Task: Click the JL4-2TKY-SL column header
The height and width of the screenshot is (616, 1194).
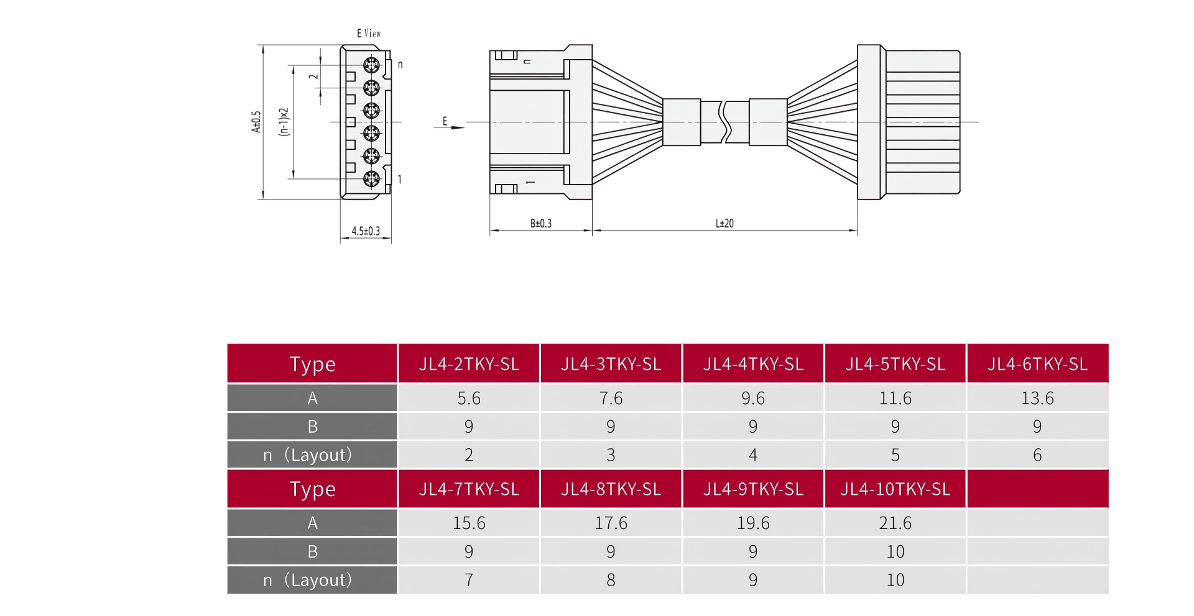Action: tap(469, 364)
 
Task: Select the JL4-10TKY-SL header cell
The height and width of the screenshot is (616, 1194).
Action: tap(895, 489)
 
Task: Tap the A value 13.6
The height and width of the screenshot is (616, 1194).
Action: tap(1037, 398)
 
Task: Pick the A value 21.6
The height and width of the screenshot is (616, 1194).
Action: tap(895, 523)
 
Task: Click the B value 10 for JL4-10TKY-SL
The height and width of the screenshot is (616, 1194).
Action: tap(895, 551)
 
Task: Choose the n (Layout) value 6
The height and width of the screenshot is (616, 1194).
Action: tap(1037, 455)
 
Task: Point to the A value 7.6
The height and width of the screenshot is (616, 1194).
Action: tap(611, 398)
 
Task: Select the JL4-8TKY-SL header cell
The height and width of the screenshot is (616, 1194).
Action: tap(611, 489)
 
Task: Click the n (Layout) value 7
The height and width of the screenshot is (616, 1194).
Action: tap(469, 580)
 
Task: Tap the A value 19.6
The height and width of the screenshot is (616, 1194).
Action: tap(753, 523)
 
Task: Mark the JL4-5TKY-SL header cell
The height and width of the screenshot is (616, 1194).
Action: tap(895, 364)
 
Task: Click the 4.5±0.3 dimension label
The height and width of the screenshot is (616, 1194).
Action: tap(366, 231)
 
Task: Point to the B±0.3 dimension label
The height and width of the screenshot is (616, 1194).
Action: tap(541, 223)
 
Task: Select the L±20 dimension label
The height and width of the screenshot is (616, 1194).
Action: tap(724, 223)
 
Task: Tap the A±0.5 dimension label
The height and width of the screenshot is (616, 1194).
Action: tap(256, 122)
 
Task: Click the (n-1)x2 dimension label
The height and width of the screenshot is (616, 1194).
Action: tap(285, 122)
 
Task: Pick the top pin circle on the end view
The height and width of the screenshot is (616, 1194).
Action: tap(371, 65)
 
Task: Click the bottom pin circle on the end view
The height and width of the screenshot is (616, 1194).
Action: tap(371, 179)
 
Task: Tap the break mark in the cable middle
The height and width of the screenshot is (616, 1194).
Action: tap(724, 122)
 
